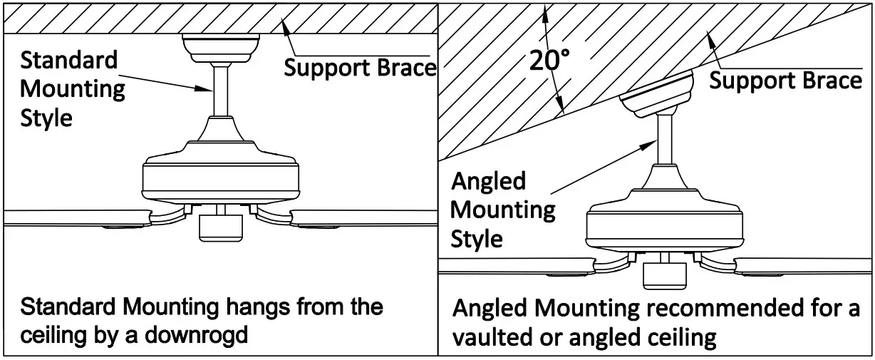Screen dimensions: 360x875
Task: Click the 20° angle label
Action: [549, 61]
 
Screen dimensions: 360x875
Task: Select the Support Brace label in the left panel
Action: [360, 68]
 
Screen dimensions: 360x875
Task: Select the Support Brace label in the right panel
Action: [785, 80]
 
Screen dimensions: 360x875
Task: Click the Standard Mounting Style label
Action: [69, 89]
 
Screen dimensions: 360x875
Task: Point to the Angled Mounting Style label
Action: [502, 210]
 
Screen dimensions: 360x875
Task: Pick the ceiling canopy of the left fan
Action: [220, 47]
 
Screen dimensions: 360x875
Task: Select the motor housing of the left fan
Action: [220, 175]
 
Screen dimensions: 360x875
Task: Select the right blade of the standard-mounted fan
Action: [363, 218]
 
